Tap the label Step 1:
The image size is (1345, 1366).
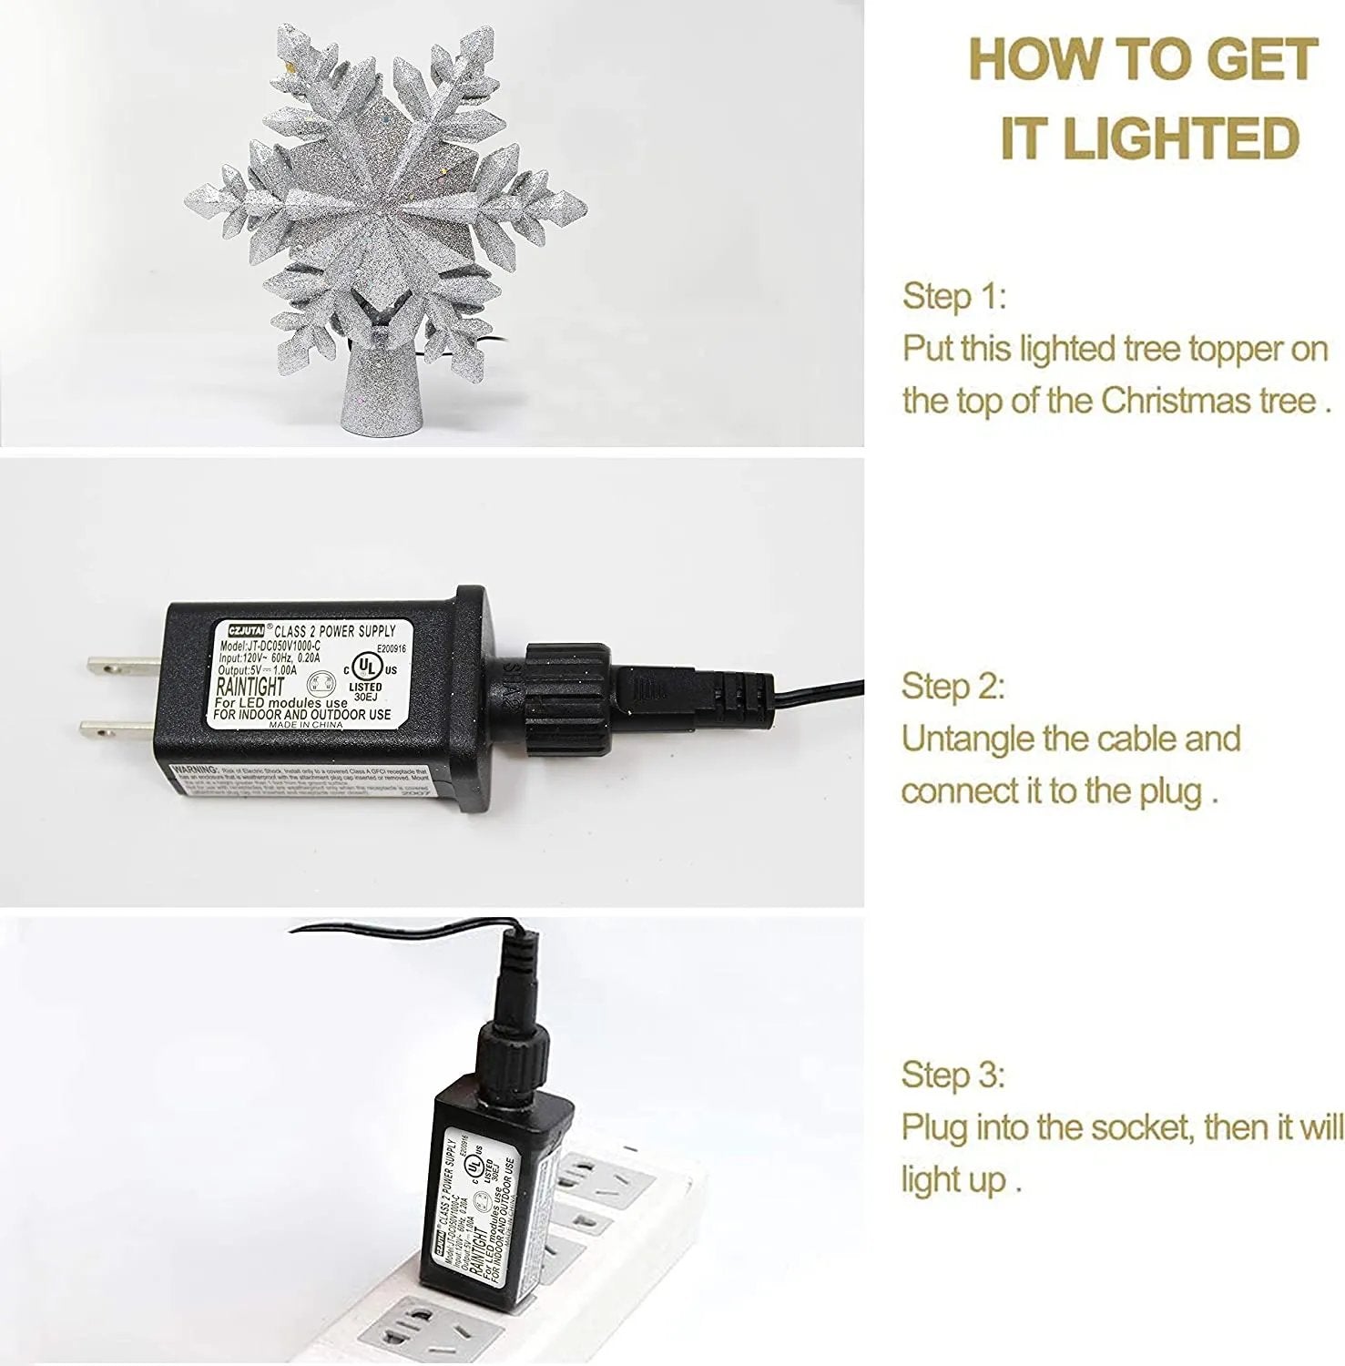tap(954, 296)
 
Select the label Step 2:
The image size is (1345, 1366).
tap(953, 686)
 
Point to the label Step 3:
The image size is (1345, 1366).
tap(953, 1075)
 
